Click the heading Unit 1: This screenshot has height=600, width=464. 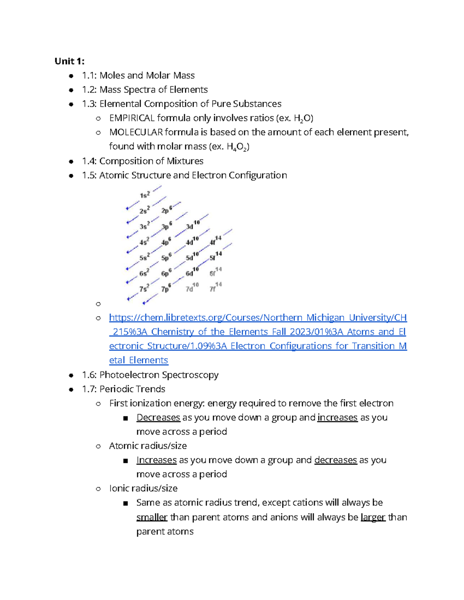pos(69,61)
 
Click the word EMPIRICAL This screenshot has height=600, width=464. pos(132,118)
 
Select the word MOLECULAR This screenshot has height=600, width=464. pos(136,132)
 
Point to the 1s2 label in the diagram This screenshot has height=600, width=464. pos(145,195)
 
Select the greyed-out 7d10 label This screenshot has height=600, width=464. pos(192,288)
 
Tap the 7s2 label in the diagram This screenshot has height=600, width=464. pos(144,288)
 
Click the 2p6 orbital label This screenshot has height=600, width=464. pos(167,210)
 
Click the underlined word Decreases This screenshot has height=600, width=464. pos(158,418)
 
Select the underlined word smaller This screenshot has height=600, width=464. pos(152,517)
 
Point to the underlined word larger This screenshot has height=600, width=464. pos(373,517)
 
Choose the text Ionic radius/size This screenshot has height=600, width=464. pos(143,488)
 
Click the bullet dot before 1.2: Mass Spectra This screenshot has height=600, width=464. pos(71,90)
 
